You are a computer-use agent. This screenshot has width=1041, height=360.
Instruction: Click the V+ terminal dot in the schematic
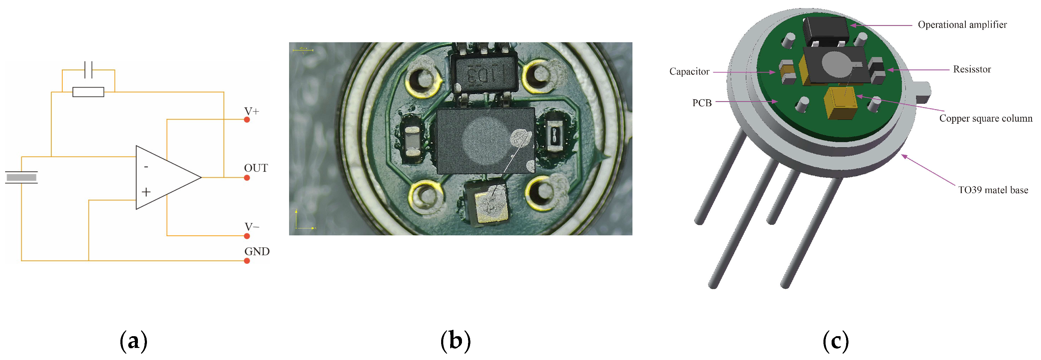click(247, 119)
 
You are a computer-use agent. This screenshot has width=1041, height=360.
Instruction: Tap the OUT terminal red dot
click(247, 178)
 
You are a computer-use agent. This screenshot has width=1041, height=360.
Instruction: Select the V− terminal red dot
click(247, 236)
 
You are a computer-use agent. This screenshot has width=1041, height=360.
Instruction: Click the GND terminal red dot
click(247, 261)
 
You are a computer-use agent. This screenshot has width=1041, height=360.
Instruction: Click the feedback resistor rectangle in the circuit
click(88, 92)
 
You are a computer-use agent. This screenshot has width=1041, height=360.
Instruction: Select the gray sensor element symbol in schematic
click(21, 177)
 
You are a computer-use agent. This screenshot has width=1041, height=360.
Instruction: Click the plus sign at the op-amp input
click(146, 192)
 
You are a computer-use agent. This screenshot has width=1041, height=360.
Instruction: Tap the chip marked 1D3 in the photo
click(484, 74)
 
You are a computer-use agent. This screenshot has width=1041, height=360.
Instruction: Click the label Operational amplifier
click(962, 25)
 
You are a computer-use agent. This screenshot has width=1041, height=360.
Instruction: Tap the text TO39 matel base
click(993, 190)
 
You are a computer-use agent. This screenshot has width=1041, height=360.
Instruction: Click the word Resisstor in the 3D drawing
click(972, 69)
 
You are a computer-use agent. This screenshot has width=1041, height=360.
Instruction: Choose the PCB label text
click(702, 103)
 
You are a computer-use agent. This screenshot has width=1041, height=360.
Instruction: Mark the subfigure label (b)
click(455, 341)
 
